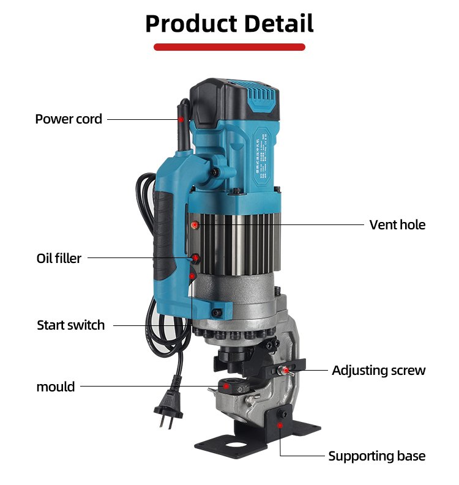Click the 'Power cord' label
pyautogui.click(x=69, y=119)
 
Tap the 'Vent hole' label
pyautogui.click(x=397, y=224)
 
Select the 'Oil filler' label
pyautogui.click(x=59, y=258)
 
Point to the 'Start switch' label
pyautogui.click(x=71, y=325)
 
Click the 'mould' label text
pyautogui.click(x=56, y=387)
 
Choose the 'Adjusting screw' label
pyautogui.click(x=378, y=370)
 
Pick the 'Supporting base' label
pyautogui.click(x=376, y=456)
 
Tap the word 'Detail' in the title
pyautogui.click(x=278, y=23)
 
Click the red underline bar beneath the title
pyautogui.click(x=229, y=46)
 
